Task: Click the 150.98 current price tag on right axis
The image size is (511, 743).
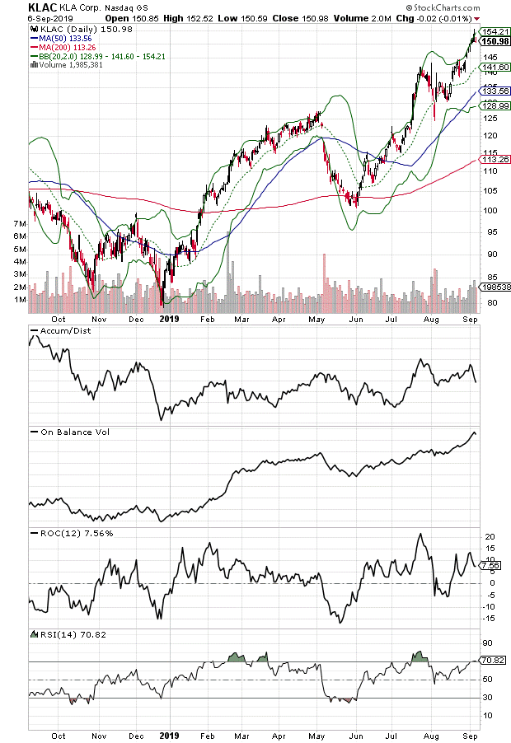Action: pos(493,41)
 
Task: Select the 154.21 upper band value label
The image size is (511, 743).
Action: pos(493,31)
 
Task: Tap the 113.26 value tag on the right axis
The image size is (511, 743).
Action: pos(493,160)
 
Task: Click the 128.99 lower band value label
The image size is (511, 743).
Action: pos(493,106)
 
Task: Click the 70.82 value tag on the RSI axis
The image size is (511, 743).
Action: pos(493,661)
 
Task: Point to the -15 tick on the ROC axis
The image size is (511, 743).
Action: pos(488,619)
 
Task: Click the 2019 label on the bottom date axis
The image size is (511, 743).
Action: pos(169,734)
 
